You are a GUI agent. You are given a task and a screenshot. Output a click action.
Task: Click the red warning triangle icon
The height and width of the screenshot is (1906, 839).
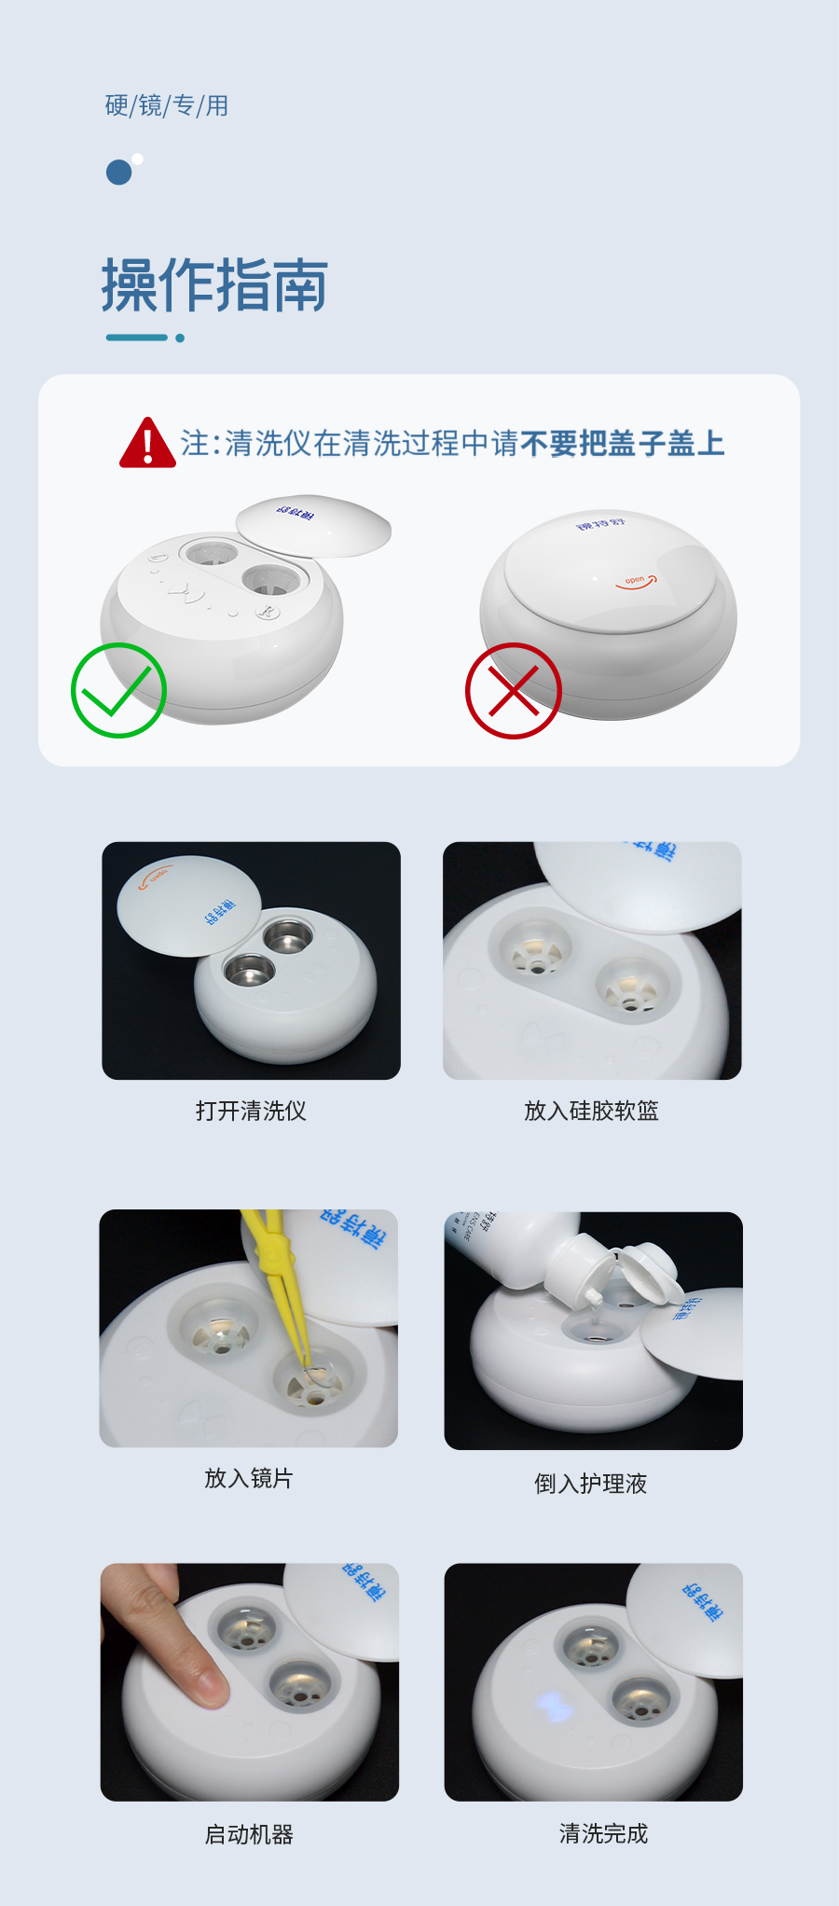[147, 445]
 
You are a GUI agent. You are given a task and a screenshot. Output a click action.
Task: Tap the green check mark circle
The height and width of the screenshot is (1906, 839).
[118, 691]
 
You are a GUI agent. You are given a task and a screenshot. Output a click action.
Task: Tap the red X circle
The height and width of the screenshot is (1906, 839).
[513, 691]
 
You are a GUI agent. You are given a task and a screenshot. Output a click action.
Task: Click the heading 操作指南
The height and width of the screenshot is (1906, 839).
[214, 285]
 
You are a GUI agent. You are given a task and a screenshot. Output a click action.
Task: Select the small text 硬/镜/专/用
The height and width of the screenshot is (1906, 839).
[167, 106]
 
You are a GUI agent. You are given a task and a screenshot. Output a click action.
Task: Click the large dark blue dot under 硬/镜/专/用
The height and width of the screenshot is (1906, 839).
[118, 173]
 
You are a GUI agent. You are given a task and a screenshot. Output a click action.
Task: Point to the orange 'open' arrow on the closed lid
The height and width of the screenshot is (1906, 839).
[637, 582]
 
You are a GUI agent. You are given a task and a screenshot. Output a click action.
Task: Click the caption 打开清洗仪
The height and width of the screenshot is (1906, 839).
[251, 1111]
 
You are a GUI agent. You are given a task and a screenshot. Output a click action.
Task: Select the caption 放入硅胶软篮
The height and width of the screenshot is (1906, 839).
[591, 1111]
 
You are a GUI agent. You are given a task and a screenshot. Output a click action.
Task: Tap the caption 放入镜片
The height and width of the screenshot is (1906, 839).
[248, 1478]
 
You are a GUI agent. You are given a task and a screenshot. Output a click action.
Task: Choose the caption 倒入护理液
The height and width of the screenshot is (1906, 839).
[590, 1484]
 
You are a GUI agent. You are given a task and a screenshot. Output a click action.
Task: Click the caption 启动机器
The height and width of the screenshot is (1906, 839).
[249, 1834]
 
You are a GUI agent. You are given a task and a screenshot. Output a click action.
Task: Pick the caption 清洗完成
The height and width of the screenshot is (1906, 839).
[603, 1833]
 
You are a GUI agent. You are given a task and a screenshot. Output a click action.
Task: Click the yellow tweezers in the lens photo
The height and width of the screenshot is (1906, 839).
[278, 1287]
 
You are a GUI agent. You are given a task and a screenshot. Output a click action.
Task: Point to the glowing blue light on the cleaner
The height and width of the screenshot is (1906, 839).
[553, 1707]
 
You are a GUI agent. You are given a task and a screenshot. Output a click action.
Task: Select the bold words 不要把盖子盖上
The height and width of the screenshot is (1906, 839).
[622, 444]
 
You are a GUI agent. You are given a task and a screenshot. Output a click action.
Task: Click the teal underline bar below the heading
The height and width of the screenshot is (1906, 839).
[137, 338]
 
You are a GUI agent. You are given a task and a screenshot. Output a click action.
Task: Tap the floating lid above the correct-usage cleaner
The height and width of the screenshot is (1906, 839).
[313, 524]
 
